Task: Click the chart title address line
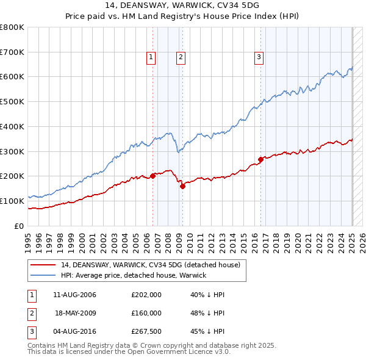(182, 7)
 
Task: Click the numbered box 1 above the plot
(151, 57)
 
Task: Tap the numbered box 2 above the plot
(181, 57)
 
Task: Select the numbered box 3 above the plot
(259, 57)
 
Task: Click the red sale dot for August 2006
(153, 176)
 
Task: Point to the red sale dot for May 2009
(182, 186)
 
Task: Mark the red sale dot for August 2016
(260, 159)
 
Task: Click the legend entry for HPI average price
(134, 275)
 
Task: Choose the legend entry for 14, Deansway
(151, 265)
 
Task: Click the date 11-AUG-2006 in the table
(74, 295)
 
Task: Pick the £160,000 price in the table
(146, 313)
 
